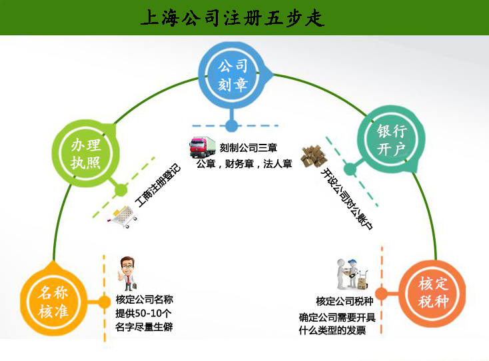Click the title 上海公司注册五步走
tap(233, 18)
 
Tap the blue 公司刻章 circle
tap(233, 75)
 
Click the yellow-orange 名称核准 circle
tap(53, 302)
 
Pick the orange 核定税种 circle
tap(432, 292)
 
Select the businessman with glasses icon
tap(126, 272)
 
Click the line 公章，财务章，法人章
tap(244, 164)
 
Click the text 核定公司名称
tap(144, 300)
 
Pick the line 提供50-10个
tap(144, 314)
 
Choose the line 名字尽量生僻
tap(144, 328)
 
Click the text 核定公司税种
tap(344, 301)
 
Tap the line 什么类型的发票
tap(333, 330)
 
